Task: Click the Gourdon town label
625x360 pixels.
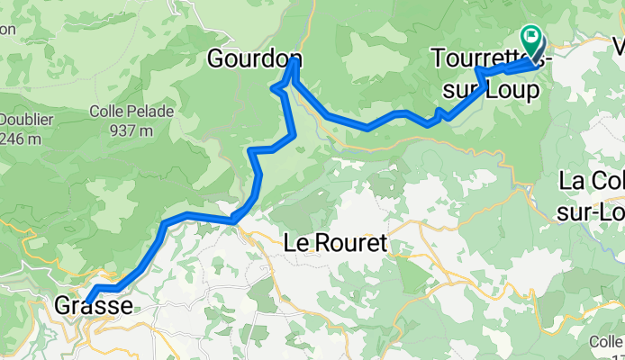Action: coord(253,59)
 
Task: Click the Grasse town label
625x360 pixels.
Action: coord(94,306)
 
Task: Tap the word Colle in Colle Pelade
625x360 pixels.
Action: coord(108,112)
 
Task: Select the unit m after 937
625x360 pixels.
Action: coord(146,130)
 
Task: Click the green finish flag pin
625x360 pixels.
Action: coord(532,40)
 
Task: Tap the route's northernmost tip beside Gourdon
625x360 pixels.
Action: coord(294,60)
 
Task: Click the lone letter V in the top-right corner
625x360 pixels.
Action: coord(618,45)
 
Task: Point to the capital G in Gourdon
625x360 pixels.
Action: coord(217,59)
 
